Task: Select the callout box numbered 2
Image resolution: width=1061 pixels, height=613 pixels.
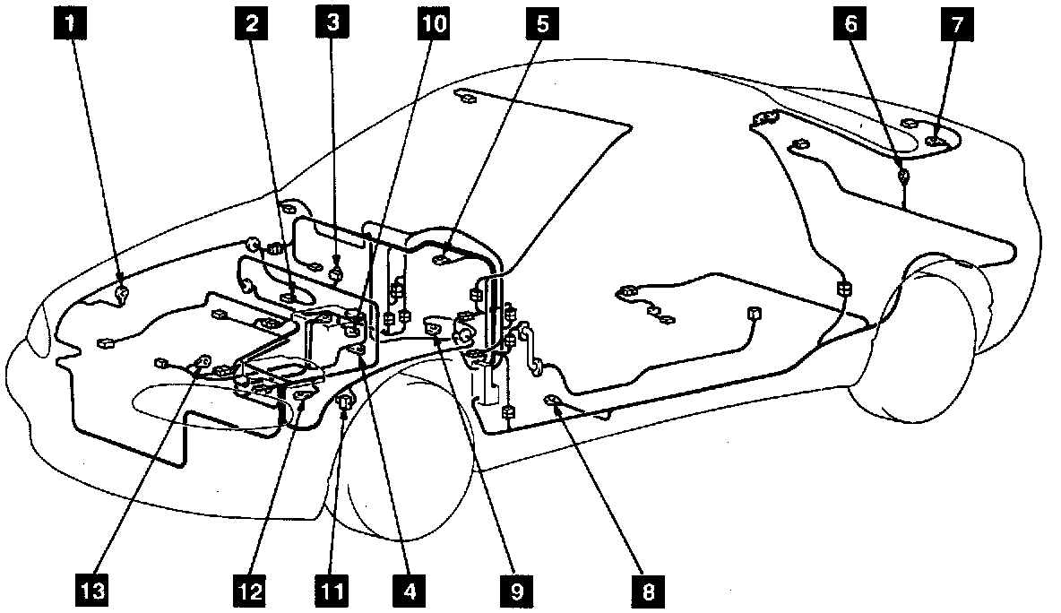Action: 251,25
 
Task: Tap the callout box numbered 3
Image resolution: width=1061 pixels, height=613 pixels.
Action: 332,25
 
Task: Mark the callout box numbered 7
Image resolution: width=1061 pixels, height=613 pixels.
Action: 956,25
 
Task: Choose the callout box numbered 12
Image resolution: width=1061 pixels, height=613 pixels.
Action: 251,591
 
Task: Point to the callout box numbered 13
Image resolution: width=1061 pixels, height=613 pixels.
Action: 94,591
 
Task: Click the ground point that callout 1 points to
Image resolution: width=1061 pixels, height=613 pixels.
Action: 122,291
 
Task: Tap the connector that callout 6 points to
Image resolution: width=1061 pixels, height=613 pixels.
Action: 904,176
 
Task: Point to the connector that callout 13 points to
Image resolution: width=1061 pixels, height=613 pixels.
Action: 203,363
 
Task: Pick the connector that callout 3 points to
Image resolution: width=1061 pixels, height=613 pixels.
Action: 337,273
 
